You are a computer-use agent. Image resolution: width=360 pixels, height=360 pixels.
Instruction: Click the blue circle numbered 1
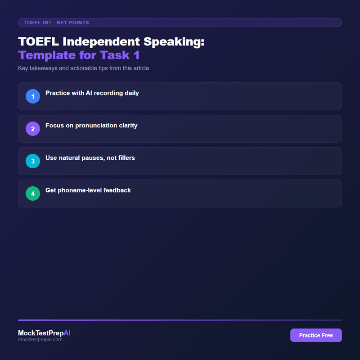click(33, 96)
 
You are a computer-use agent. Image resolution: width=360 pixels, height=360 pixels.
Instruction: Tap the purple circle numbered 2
click(33, 129)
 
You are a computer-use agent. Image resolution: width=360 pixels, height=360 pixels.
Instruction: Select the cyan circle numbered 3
click(33, 161)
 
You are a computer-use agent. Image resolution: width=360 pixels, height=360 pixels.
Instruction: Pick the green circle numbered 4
click(33, 193)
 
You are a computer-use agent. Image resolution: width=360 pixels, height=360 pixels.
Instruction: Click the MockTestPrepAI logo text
click(44, 333)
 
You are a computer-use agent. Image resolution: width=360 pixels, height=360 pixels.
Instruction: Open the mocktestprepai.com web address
click(40, 340)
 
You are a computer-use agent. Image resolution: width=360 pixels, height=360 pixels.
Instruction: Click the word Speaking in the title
click(177, 42)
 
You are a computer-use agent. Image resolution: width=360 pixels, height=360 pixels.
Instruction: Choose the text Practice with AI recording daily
click(92, 93)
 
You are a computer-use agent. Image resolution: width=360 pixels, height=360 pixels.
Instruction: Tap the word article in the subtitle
click(139, 68)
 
